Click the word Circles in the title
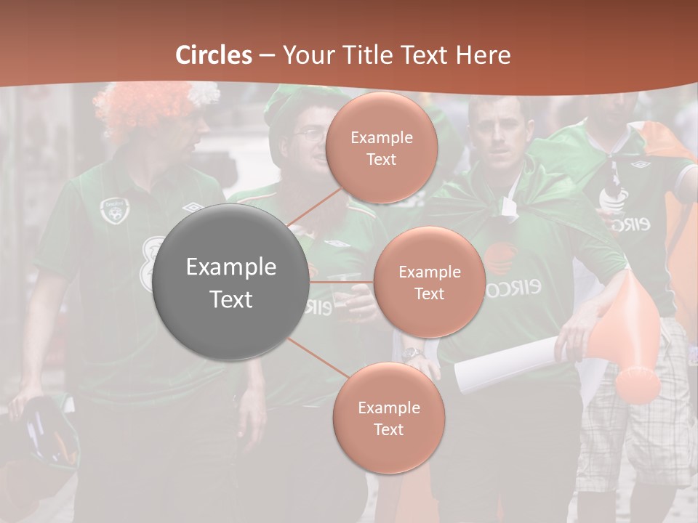214,55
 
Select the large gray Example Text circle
231,282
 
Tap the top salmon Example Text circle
381,148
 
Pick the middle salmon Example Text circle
429,283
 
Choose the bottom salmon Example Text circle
388,418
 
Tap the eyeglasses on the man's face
311,135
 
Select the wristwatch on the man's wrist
413,354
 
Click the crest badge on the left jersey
113,210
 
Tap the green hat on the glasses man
291,102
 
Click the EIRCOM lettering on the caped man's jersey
513,288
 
